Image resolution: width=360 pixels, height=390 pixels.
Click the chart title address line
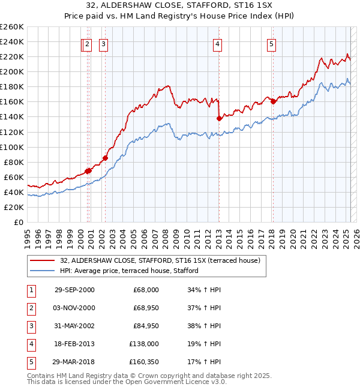coord(180,7)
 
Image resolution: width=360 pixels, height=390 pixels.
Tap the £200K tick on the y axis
coord(12,71)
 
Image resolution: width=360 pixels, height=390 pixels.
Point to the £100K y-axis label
coord(12,147)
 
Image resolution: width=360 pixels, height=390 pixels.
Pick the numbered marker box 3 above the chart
coord(104,44)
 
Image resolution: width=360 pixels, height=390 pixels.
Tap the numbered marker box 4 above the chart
coord(217,44)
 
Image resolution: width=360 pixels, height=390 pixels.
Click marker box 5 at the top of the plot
coord(272,44)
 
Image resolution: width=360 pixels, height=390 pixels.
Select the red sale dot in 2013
coord(219,118)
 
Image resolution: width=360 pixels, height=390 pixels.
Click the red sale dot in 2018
coord(273,101)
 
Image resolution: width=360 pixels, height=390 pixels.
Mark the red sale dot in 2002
coord(105,158)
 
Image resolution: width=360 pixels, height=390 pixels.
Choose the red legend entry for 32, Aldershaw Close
coord(160,260)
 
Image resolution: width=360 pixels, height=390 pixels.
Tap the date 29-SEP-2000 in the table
coord(74,290)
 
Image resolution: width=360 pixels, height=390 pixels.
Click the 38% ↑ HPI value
coord(204,326)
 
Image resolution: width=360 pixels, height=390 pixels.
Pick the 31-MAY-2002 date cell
coord(74,326)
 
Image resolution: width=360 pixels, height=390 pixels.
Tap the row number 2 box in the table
coord(30,308)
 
